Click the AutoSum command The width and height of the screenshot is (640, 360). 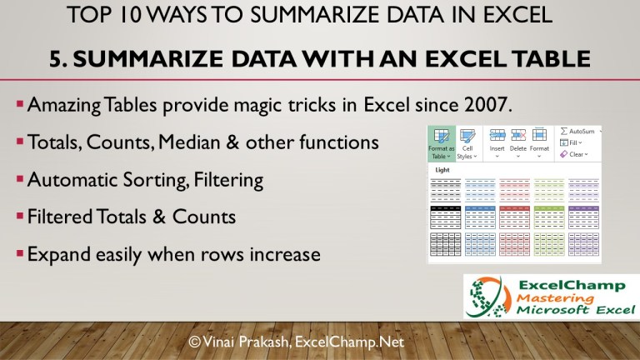(579, 132)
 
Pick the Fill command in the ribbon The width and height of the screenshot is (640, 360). (572, 142)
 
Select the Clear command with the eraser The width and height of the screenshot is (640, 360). (575, 154)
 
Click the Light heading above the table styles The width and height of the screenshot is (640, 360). (443, 170)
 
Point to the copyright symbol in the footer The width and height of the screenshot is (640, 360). (194, 341)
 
